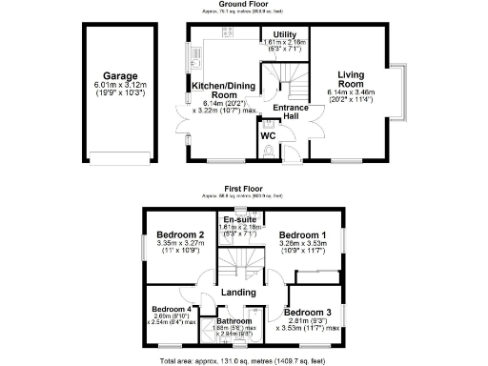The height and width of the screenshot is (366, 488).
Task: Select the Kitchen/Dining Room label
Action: click(x=226, y=91)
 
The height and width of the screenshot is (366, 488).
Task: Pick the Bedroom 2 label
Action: click(x=181, y=234)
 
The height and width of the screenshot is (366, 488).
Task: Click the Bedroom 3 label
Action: click(x=307, y=313)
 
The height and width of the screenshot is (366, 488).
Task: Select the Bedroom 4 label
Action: click(x=173, y=309)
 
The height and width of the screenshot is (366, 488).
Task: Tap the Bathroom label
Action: click(x=234, y=321)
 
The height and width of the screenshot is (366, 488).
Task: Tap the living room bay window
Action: click(x=405, y=86)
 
